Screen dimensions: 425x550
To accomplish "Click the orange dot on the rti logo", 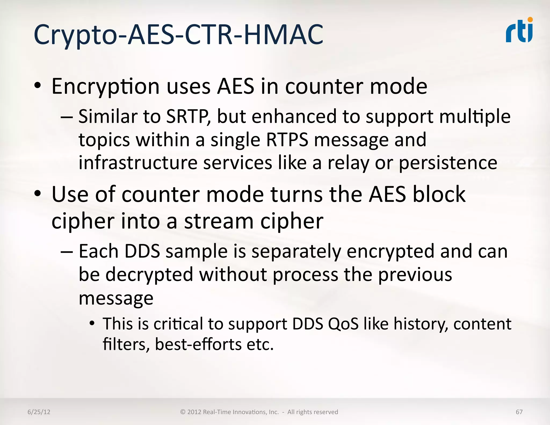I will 530,20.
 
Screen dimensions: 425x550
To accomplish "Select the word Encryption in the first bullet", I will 106,87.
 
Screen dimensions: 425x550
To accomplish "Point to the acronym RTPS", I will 287,140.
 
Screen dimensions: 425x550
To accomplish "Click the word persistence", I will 448,163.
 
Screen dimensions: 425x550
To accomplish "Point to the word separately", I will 296,251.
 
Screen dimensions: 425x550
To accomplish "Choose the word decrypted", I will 149,275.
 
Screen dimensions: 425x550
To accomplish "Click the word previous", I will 415,275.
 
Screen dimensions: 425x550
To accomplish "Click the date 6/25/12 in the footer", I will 39,412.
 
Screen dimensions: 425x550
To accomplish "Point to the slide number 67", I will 519,412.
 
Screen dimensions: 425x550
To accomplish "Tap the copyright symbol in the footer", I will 183,412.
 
